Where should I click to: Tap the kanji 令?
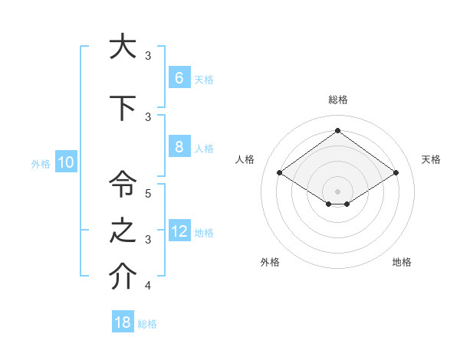point(123,184)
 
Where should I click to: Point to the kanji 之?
point(123,231)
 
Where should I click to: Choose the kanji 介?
point(123,278)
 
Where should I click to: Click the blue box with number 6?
point(179,78)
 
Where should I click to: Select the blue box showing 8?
point(179,147)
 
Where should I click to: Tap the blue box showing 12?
point(179,231)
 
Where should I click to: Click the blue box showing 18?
point(123,322)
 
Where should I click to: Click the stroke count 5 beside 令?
point(148,194)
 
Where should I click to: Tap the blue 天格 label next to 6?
point(204,79)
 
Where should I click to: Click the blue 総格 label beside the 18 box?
point(147,323)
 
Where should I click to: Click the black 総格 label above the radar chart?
point(337,100)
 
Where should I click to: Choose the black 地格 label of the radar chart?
point(402,262)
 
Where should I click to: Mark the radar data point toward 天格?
point(396,173)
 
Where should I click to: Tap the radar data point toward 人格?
point(280,173)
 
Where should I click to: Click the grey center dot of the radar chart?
point(337,191)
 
